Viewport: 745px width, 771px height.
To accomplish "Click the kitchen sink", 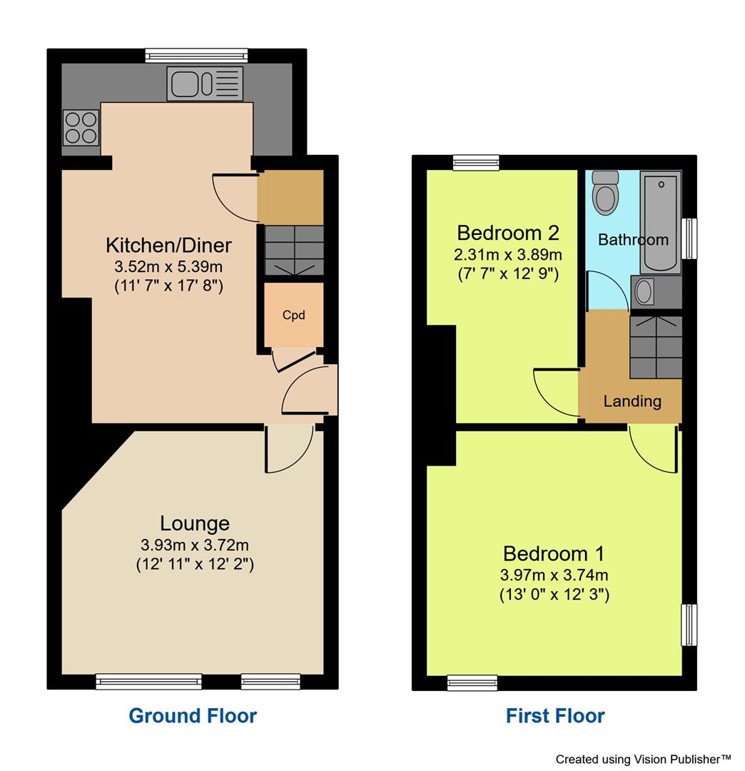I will (x=205, y=83).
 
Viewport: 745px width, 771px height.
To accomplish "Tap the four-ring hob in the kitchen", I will (x=81, y=128).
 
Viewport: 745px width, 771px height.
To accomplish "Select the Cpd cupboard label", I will (x=293, y=314).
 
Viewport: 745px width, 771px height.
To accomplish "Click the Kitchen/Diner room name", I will (x=168, y=246).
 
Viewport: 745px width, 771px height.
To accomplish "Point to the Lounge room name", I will (x=194, y=523).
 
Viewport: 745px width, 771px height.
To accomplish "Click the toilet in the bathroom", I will (x=606, y=192).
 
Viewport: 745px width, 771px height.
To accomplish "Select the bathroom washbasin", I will (x=644, y=291).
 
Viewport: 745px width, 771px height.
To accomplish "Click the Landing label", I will (x=632, y=401).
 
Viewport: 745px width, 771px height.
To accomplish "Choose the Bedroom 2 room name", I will (x=508, y=233).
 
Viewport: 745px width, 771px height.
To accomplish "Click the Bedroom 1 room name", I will (x=554, y=553).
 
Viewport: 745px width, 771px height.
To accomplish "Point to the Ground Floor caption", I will (x=193, y=715).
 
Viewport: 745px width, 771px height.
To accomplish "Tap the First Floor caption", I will (x=555, y=715).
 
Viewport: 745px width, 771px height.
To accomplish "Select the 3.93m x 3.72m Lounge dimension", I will (x=195, y=545).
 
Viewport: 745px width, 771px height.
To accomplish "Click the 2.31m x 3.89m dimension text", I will (x=508, y=254).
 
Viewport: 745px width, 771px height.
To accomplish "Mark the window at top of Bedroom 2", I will (x=475, y=163).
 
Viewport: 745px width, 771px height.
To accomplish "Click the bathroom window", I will (x=689, y=238).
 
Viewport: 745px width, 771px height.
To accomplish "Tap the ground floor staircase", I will (x=294, y=249).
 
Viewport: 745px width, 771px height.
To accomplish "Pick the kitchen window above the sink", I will (x=196, y=56).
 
